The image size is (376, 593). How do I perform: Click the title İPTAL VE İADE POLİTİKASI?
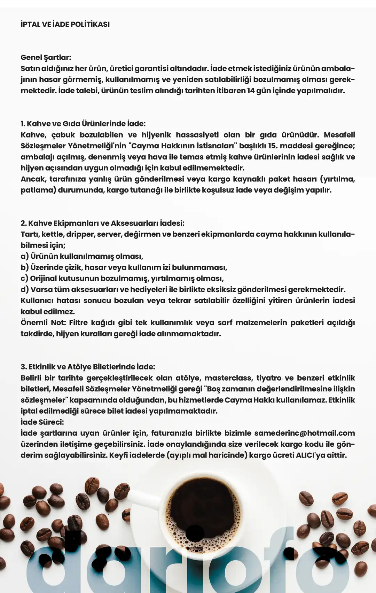[x=65, y=24]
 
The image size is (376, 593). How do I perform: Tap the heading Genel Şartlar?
[x=46, y=57]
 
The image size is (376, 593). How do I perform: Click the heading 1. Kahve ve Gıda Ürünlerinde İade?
[x=83, y=124]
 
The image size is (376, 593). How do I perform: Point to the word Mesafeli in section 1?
[x=339, y=135]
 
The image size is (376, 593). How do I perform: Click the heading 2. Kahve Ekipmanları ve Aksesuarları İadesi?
[x=102, y=223]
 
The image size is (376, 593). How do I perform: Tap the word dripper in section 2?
[x=80, y=234]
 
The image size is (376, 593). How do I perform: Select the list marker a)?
[x=24, y=256]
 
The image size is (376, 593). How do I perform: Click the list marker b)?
[x=24, y=267]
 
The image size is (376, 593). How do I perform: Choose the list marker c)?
[x=24, y=279]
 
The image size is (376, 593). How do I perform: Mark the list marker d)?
[x=24, y=290]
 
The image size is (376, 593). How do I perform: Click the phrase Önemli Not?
[x=43, y=323]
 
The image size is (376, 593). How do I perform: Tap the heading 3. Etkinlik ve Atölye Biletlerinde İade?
[x=88, y=367]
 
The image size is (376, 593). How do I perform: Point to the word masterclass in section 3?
[x=228, y=378]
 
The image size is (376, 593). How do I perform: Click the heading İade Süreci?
[x=42, y=422]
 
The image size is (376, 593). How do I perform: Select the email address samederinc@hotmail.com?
[x=305, y=433]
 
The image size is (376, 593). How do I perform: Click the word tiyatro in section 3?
[x=269, y=378]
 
